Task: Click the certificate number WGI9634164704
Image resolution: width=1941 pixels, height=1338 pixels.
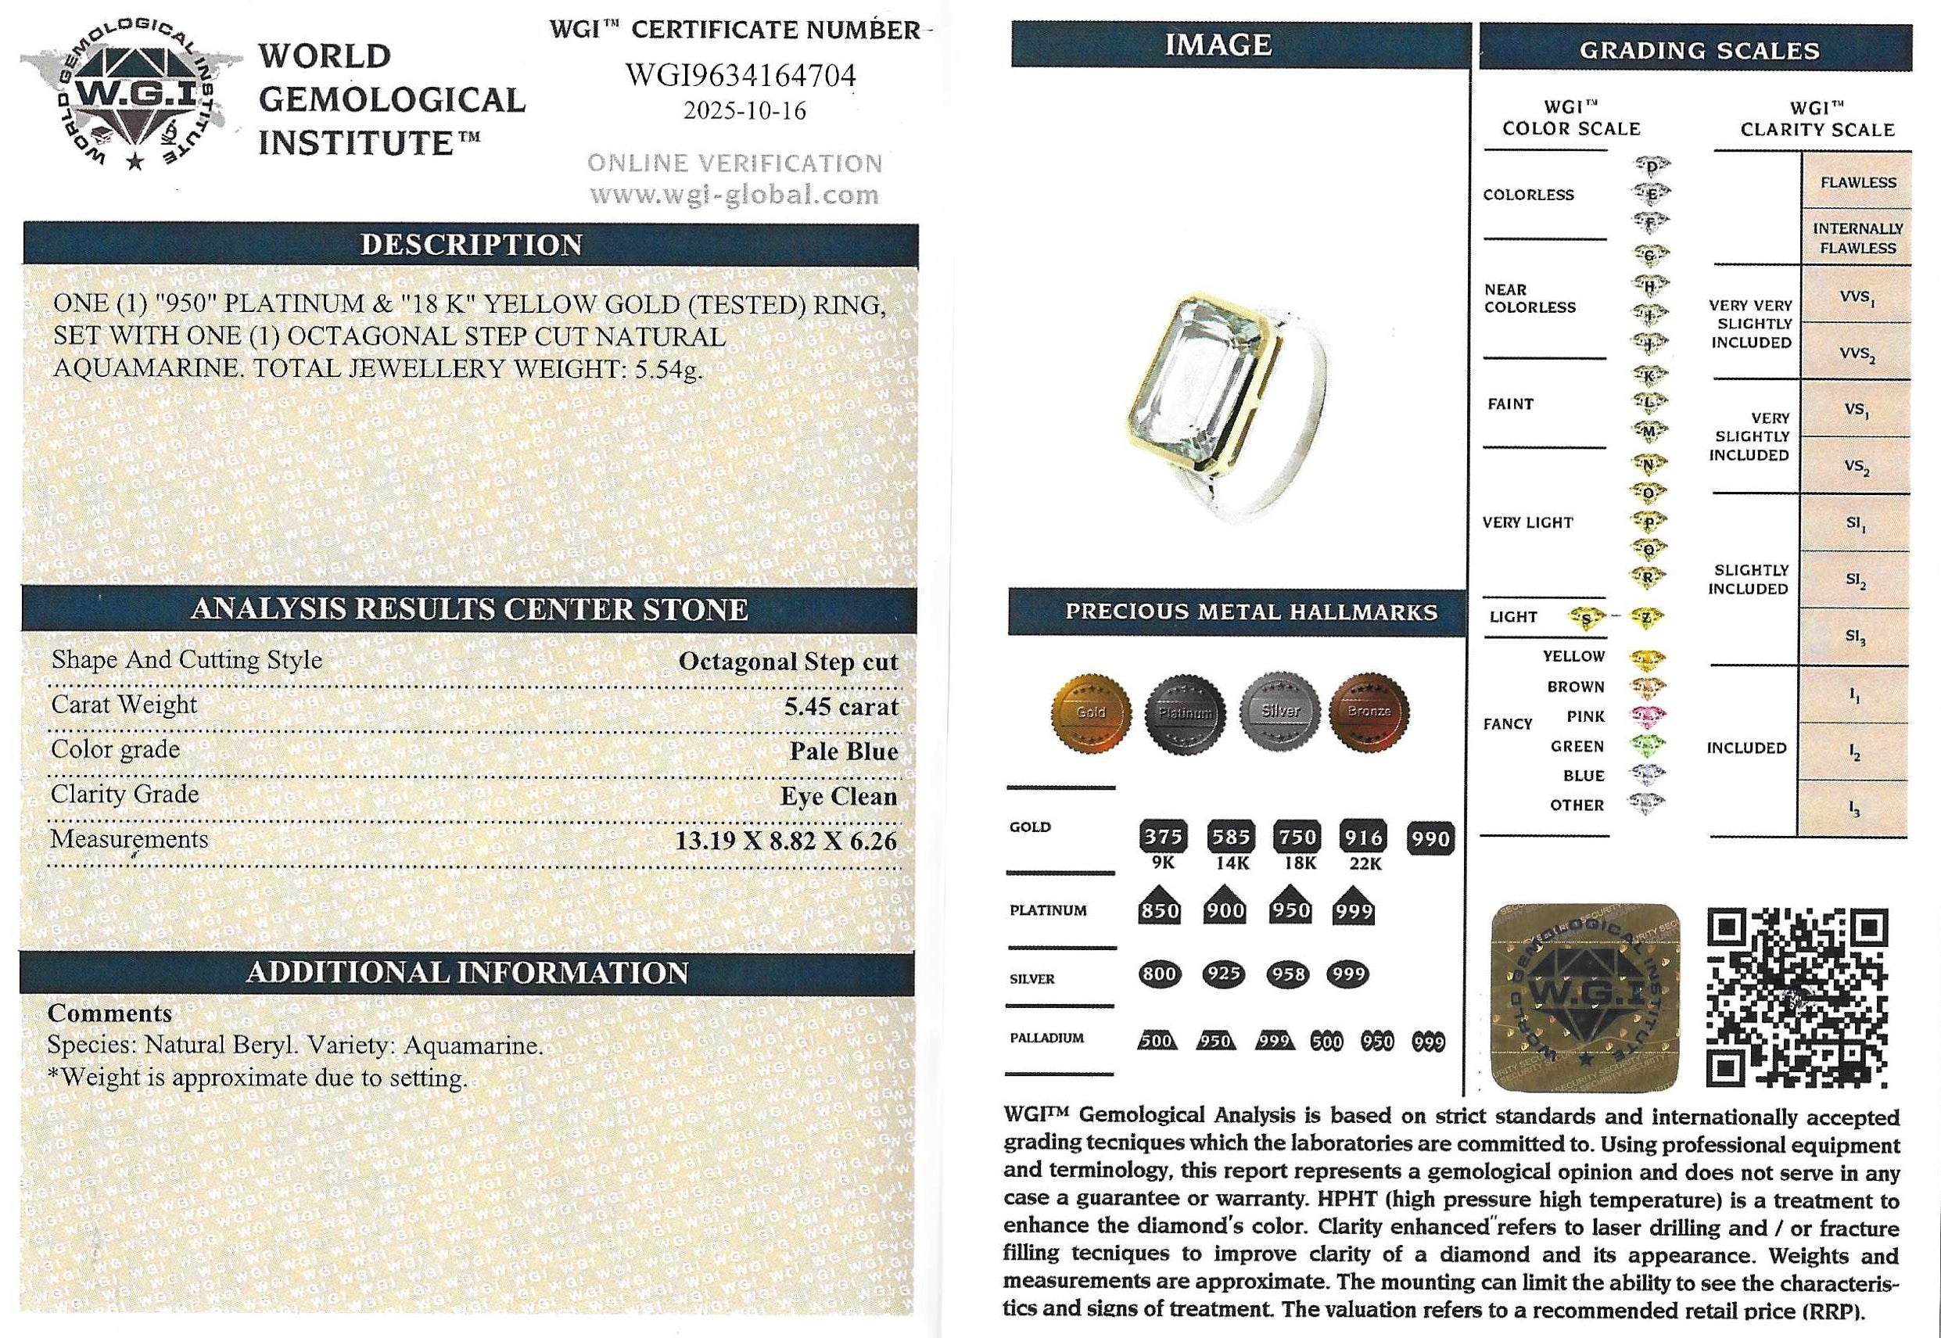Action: [741, 75]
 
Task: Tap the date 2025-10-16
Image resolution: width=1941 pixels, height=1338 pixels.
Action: [744, 112]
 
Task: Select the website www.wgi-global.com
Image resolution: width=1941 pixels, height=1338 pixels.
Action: [734, 195]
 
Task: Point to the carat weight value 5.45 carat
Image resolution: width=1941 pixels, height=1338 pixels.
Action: [841, 707]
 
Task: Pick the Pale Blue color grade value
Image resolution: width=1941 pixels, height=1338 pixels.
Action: [844, 752]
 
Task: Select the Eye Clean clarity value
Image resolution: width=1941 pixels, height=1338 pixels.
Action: [838, 796]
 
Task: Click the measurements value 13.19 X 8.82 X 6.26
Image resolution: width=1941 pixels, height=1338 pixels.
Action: [786, 841]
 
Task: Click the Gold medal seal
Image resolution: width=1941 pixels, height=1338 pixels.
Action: [1090, 712]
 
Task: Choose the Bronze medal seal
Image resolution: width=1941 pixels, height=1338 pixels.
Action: [1369, 712]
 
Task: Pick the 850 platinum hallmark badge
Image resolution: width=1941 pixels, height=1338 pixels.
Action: [1160, 910]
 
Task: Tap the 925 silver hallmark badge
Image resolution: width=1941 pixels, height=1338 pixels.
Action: [1223, 974]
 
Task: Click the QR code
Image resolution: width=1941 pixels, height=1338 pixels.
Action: [1797, 998]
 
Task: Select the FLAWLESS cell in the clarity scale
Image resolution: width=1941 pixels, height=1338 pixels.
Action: [1857, 182]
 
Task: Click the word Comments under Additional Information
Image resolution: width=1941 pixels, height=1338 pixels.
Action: [109, 1013]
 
